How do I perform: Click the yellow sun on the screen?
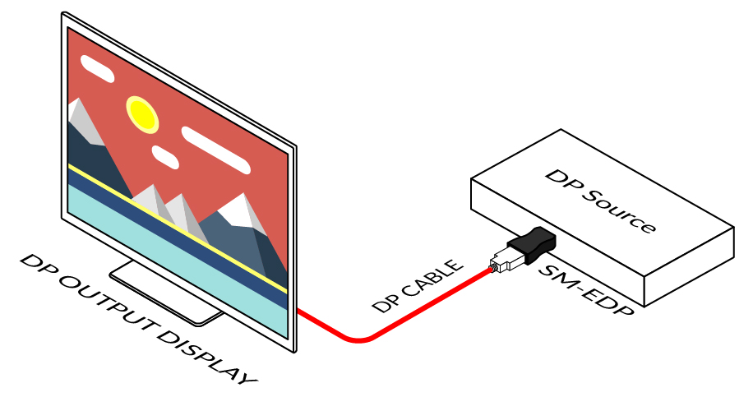pyautogui.click(x=141, y=113)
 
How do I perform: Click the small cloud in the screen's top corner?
pyautogui.click(x=98, y=70)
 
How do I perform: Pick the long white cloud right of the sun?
pyautogui.click(x=215, y=149)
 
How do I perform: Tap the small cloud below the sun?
pyautogui.click(x=165, y=156)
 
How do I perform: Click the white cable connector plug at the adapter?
pyautogui.click(x=502, y=261)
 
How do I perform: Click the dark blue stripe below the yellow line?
pyautogui.click(x=164, y=238)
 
